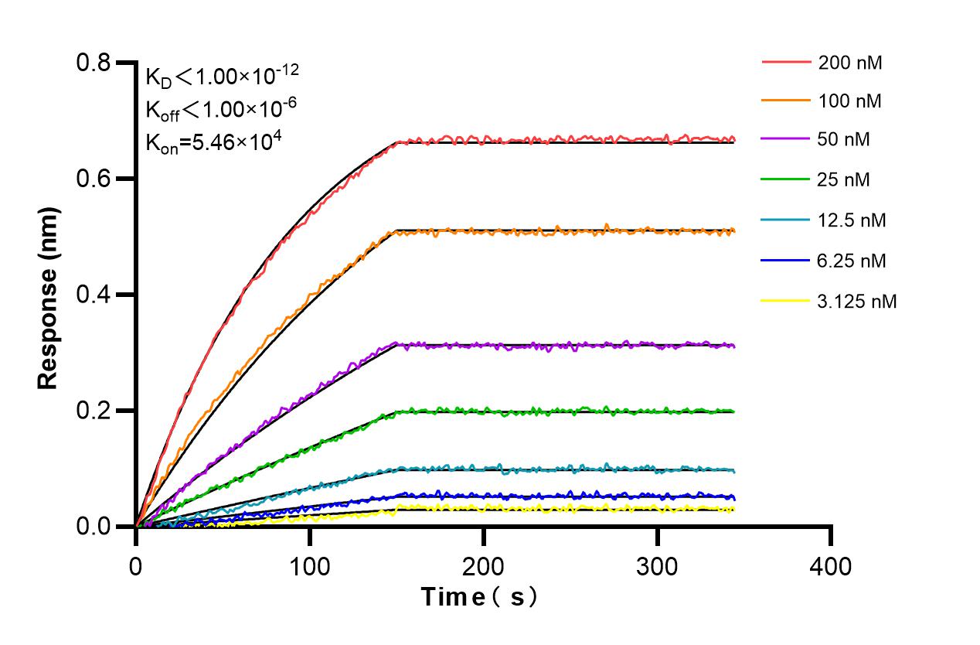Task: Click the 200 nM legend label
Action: [850, 63]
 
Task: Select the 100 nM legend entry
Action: [850, 101]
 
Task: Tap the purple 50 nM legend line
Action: [787, 140]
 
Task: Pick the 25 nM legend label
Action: [844, 180]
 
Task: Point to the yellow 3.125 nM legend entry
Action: [787, 301]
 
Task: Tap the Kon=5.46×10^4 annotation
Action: [209, 142]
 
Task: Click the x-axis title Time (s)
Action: [478, 597]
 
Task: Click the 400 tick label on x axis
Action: [831, 567]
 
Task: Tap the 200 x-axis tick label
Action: [484, 567]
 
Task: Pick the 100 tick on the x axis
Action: [310, 567]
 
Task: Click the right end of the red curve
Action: [733, 140]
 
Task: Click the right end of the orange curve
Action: [733, 230]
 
